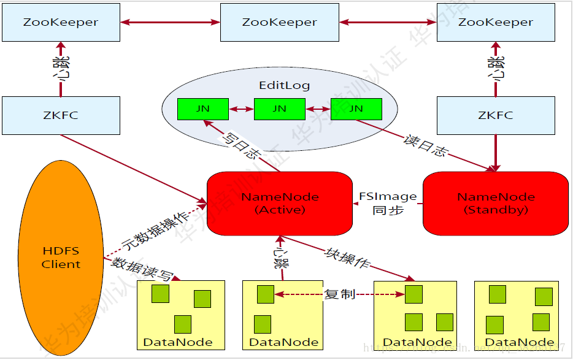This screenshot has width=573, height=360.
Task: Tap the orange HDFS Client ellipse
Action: click(x=61, y=258)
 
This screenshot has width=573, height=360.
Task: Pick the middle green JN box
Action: click(x=279, y=109)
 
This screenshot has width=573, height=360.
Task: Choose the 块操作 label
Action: click(x=347, y=257)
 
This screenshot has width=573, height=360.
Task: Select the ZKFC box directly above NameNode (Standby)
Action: click(x=496, y=115)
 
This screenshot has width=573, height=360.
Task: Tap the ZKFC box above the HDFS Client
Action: click(x=61, y=115)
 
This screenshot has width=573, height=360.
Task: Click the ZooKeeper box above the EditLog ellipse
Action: click(x=279, y=22)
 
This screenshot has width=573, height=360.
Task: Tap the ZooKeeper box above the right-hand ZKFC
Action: click(x=496, y=22)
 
